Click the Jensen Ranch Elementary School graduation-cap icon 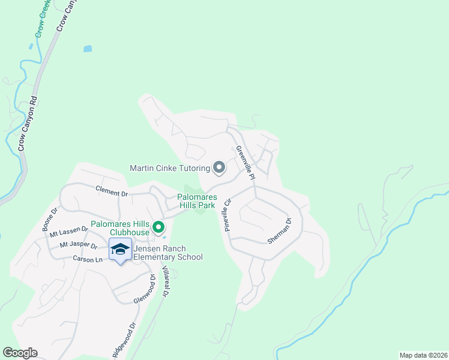[120, 249]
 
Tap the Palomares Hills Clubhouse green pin [158, 227]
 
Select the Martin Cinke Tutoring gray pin [219, 168]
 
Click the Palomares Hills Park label [196, 201]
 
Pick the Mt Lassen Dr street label [68, 233]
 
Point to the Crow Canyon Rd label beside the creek [27, 124]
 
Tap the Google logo [20, 353]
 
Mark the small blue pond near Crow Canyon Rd [88, 48]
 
